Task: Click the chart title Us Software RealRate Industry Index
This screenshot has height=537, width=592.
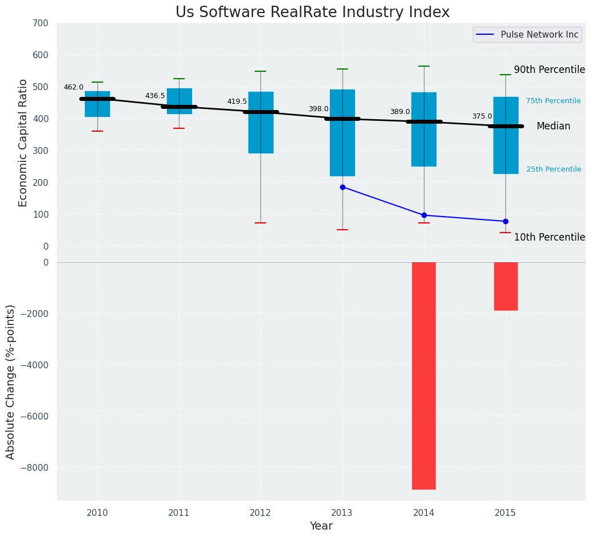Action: click(x=312, y=13)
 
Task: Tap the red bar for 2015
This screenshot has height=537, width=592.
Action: click(x=505, y=286)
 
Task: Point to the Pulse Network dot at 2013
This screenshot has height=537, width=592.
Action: click(x=342, y=187)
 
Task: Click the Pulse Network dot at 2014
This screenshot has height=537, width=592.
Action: click(x=424, y=215)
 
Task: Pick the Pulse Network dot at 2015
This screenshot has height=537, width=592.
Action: click(x=505, y=221)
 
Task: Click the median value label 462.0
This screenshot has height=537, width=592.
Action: click(x=74, y=87)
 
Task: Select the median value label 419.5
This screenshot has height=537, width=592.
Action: click(x=237, y=101)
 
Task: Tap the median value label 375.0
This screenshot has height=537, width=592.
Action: click(x=482, y=116)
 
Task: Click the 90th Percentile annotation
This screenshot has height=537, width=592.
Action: click(x=549, y=70)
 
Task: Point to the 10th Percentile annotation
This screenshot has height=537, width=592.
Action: click(x=549, y=237)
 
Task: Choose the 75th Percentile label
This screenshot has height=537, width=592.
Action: click(x=553, y=101)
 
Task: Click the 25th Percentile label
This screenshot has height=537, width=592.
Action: click(x=554, y=169)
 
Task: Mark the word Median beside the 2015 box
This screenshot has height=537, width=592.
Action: click(x=553, y=127)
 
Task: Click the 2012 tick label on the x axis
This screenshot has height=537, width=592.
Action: click(x=260, y=513)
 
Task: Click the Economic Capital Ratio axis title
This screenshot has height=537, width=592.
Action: click(x=23, y=143)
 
